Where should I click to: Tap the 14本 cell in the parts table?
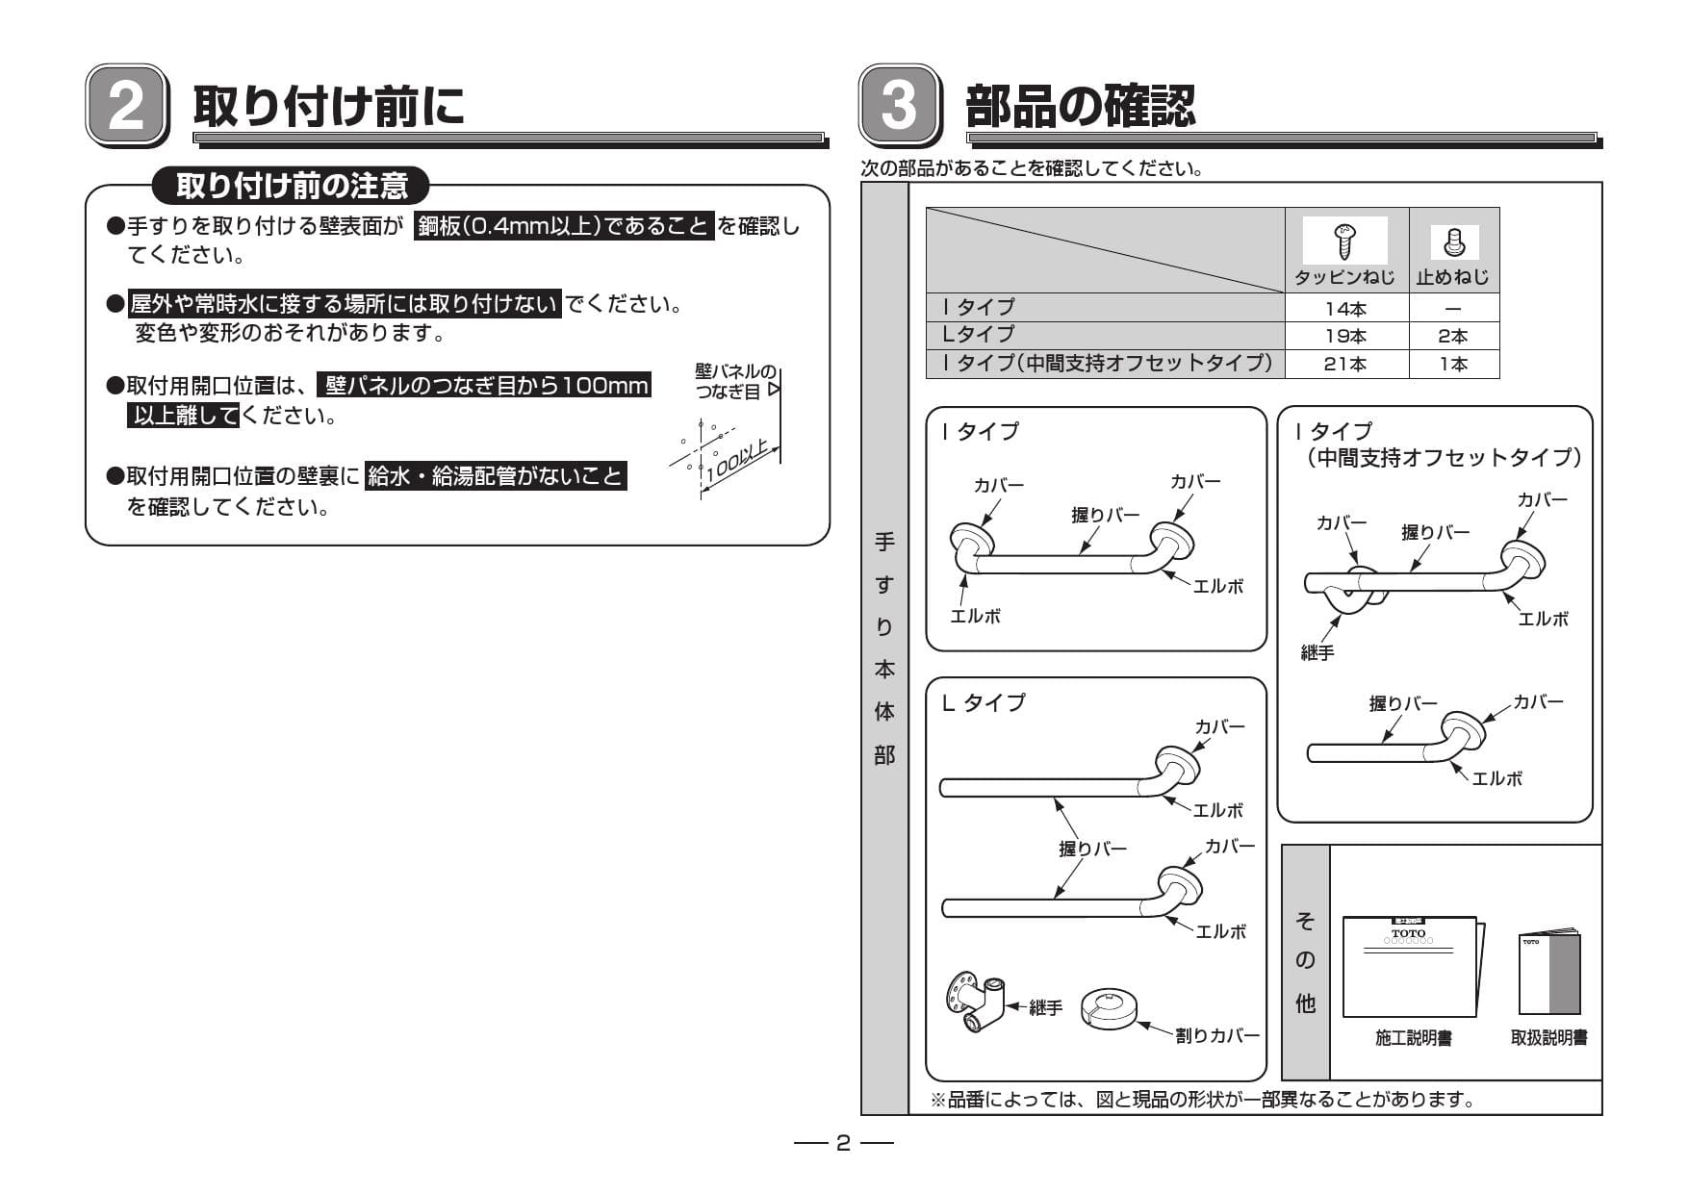(x=1345, y=309)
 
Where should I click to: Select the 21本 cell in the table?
(x=1345, y=364)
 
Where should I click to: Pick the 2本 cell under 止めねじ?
(x=1453, y=337)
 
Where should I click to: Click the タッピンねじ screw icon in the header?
(x=1344, y=239)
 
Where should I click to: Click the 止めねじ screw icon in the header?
(x=1454, y=241)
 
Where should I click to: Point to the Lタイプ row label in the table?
(x=978, y=334)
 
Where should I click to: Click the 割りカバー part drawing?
(x=1110, y=1007)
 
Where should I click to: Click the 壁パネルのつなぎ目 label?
(x=734, y=381)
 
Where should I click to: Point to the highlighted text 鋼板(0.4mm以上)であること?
(x=564, y=227)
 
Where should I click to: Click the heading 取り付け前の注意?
(x=292, y=186)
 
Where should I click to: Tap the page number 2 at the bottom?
(x=843, y=1143)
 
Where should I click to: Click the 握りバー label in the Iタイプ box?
(x=1105, y=515)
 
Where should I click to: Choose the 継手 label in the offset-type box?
(x=1317, y=653)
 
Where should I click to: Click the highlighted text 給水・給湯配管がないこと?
(x=496, y=475)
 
